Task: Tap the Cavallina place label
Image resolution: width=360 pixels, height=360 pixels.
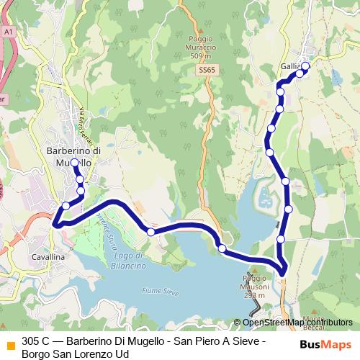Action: (x=49, y=256)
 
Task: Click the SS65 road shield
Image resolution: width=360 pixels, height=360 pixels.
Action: (x=207, y=71)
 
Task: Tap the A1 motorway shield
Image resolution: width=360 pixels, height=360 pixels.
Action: (x=8, y=32)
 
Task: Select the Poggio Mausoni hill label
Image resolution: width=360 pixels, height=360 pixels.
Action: (x=254, y=286)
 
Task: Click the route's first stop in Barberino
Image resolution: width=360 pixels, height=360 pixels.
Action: (x=75, y=163)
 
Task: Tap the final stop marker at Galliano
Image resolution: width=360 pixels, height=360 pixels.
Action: (x=305, y=67)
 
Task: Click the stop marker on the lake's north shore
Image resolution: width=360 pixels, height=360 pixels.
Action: (x=150, y=232)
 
